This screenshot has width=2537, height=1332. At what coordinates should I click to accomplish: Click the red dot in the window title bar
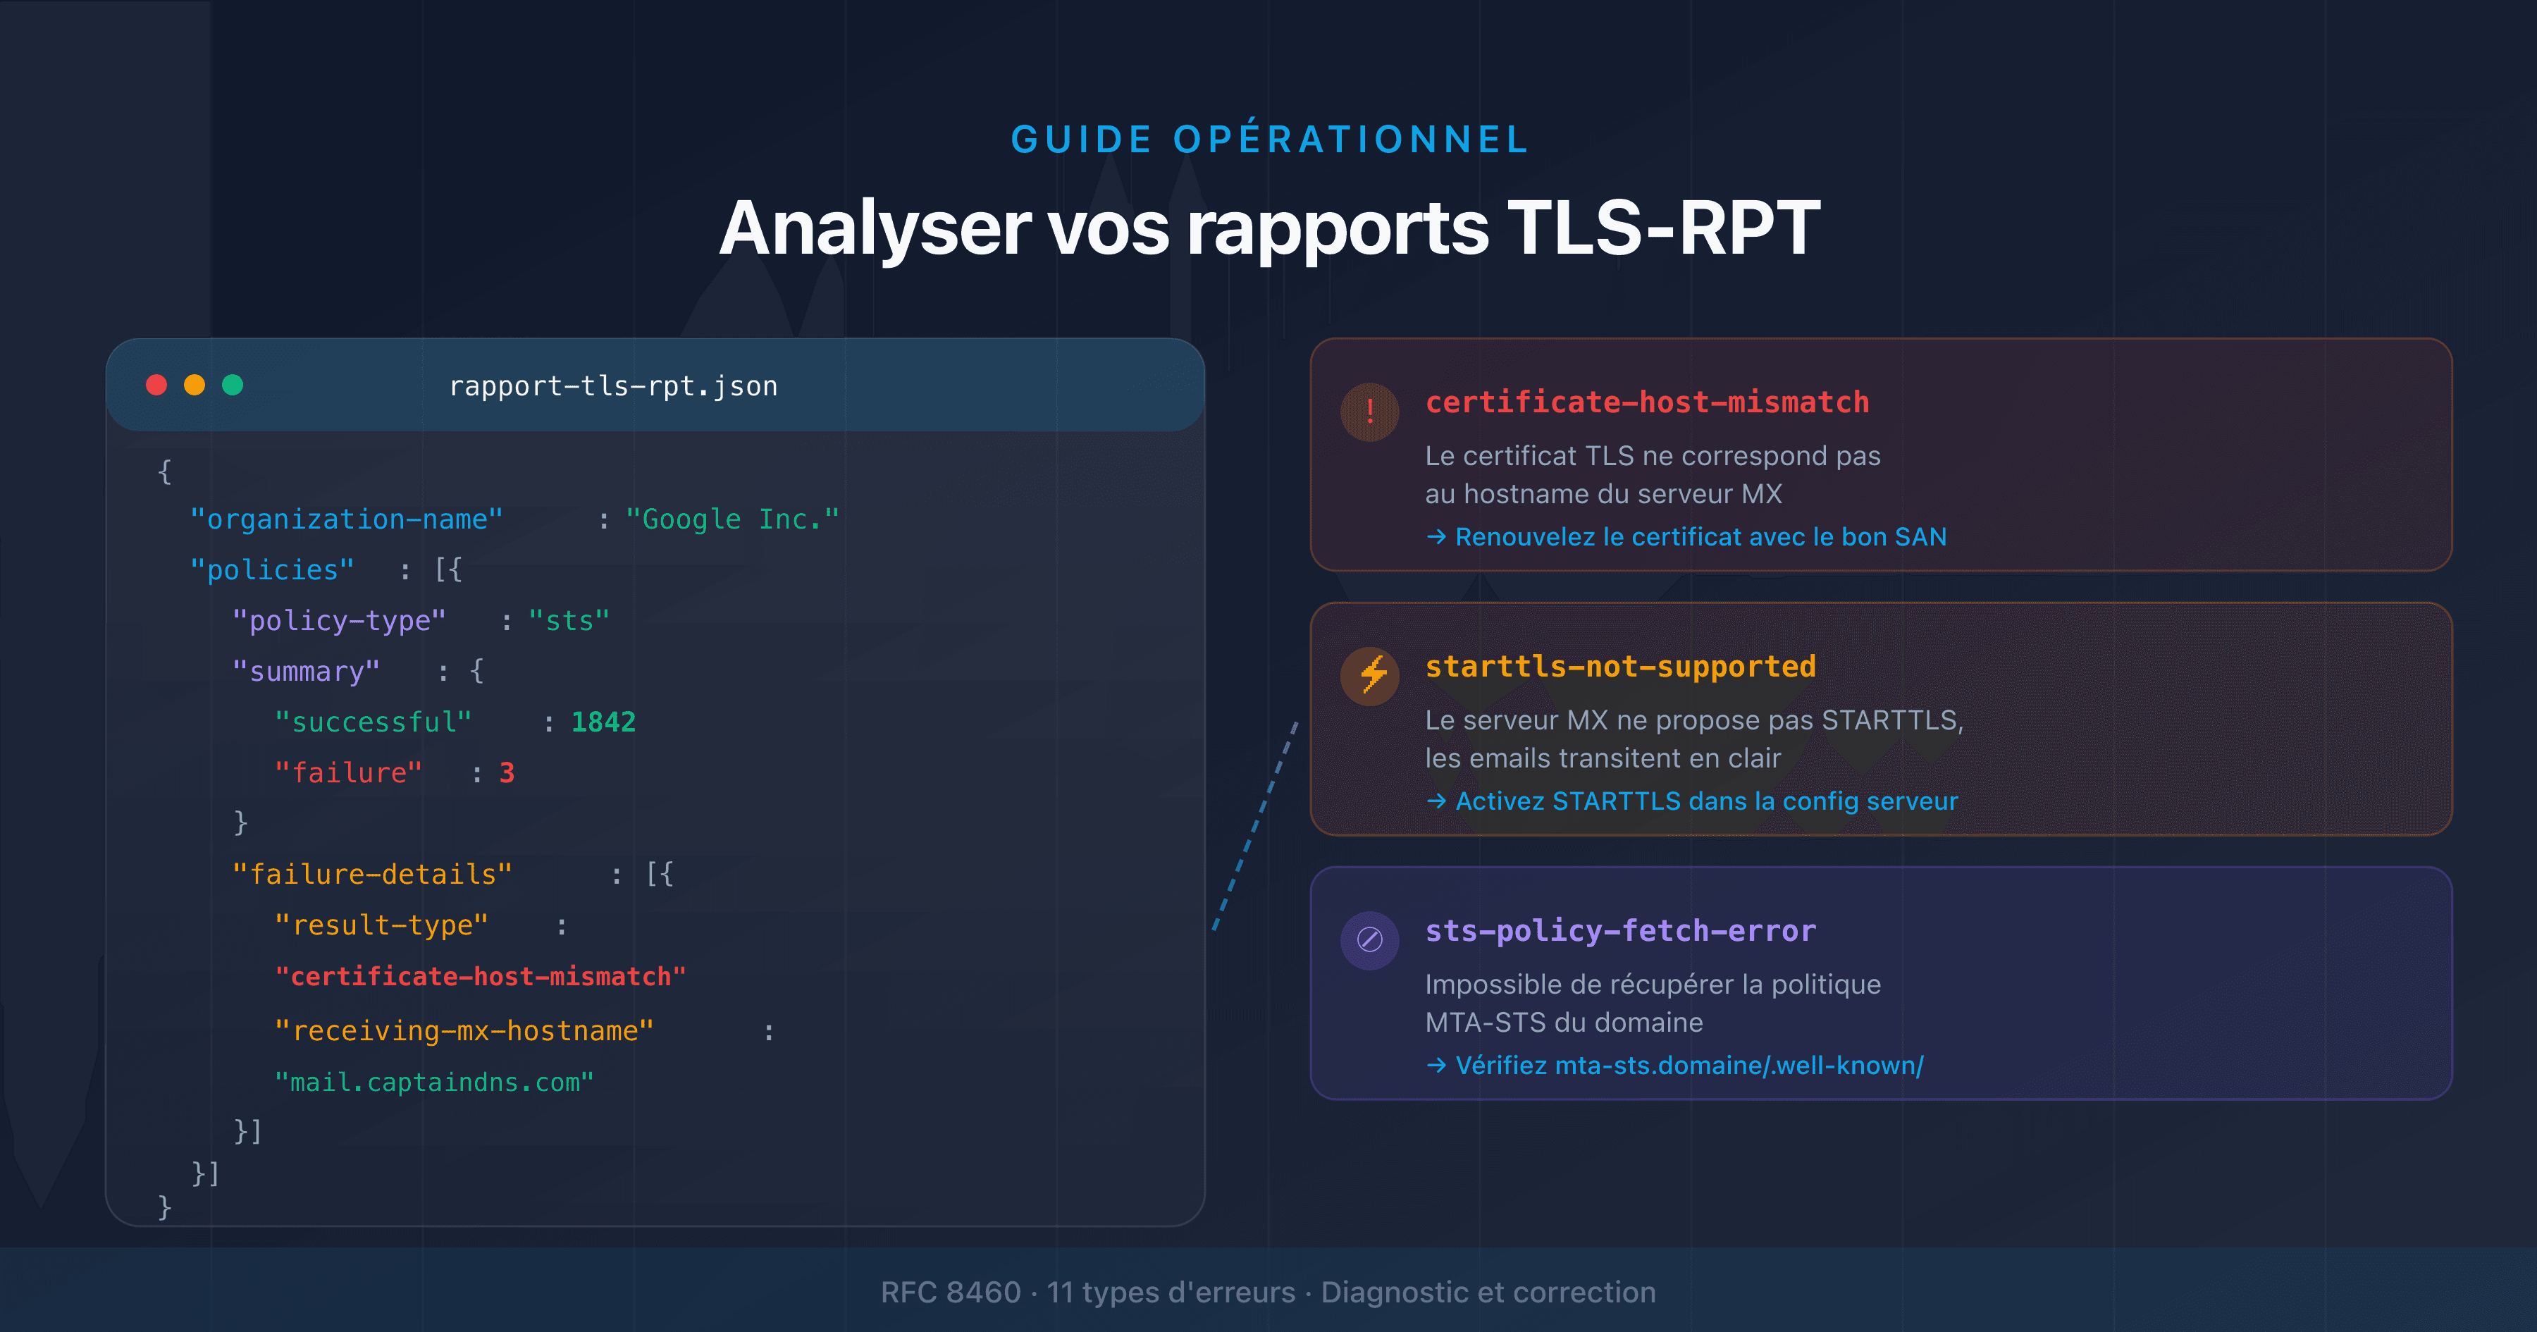click(156, 386)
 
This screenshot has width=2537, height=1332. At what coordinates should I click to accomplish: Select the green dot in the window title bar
click(233, 386)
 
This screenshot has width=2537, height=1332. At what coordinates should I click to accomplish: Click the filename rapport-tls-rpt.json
click(612, 386)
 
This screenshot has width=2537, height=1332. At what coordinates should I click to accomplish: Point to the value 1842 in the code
click(603, 722)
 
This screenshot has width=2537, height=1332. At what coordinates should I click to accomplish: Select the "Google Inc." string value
click(732, 519)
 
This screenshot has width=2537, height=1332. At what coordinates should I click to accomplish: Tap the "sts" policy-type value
click(569, 621)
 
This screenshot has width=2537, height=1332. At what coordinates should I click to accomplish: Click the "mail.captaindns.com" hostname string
click(434, 1082)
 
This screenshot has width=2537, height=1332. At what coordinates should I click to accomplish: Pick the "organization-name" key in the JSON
click(346, 519)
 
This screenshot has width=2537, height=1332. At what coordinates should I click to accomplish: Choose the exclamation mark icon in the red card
click(1370, 412)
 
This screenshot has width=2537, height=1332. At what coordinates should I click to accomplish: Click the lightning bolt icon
click(1370, 676)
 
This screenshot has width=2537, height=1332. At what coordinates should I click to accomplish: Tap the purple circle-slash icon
click(1370, 940)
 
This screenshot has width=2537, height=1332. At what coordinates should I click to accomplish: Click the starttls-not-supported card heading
click(1620, 667)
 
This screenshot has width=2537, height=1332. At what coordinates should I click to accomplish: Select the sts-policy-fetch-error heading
click(1620, 931)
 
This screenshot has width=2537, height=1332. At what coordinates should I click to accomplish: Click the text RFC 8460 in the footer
click(951, 1292)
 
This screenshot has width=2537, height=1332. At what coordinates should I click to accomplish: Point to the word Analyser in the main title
click(875, 228)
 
